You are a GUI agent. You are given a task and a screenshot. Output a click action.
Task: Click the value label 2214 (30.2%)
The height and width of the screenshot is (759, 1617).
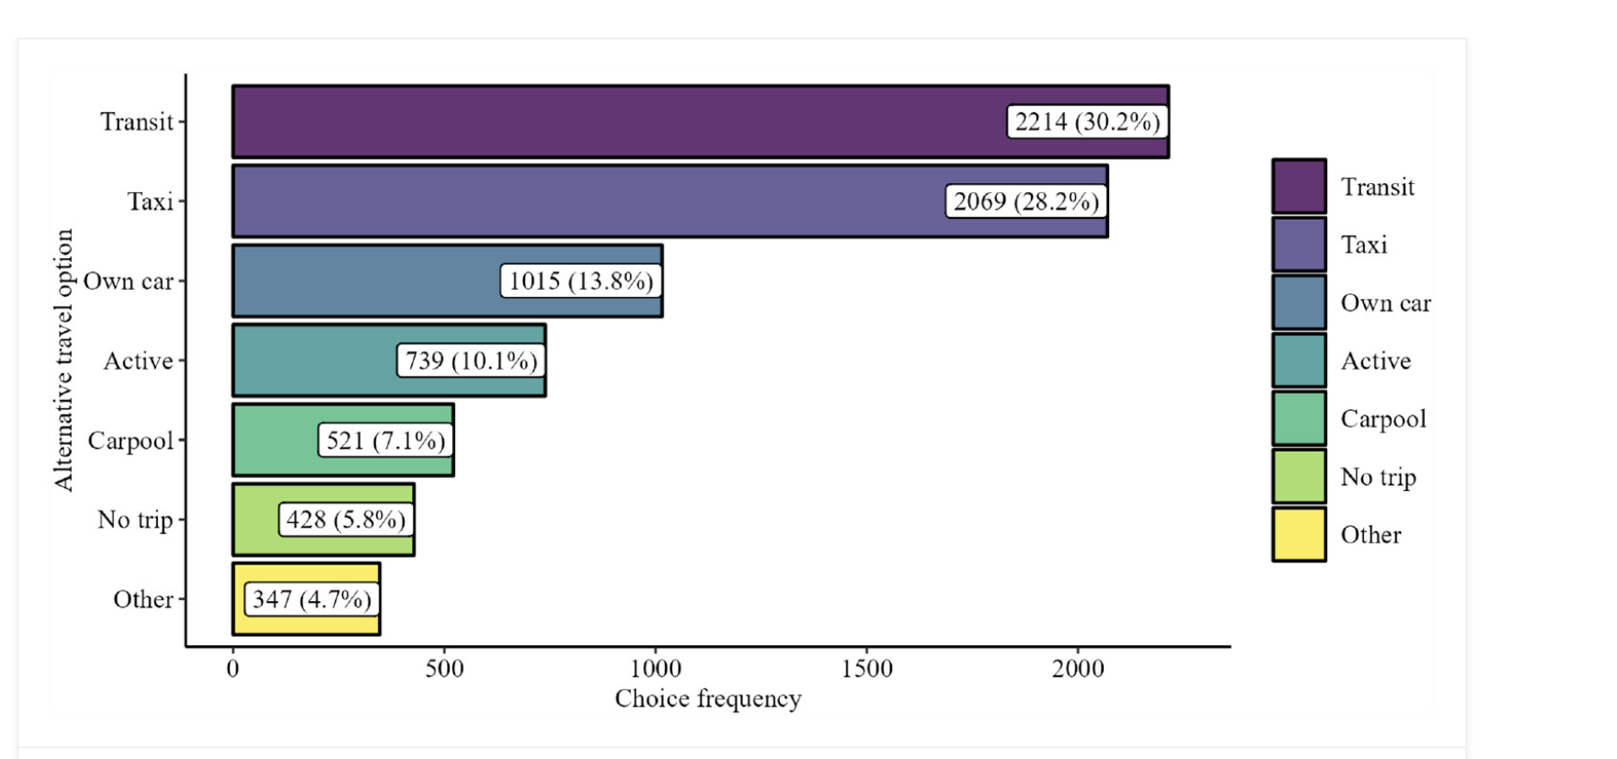[1087, 121]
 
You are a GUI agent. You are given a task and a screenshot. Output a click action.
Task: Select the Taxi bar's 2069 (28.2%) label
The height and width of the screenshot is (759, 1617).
[1026, 201]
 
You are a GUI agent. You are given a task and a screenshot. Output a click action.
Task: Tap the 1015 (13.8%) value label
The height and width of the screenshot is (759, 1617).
[581, 281]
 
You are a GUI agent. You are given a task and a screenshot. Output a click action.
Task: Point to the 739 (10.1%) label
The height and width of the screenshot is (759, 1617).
[471, 361]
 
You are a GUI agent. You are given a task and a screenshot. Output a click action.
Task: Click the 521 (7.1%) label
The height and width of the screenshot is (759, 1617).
[385, 441]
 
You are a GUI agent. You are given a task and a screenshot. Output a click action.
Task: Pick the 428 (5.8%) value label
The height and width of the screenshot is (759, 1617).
[345, 519]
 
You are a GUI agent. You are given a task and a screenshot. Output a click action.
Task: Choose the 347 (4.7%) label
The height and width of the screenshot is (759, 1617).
[311, 599]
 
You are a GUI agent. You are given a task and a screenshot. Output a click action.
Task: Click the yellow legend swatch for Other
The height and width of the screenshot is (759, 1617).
[1298, 535]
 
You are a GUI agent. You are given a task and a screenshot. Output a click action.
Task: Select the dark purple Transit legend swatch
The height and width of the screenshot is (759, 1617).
[1298, 187]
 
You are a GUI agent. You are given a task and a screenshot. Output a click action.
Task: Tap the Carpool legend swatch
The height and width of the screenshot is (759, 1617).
[1298, 419]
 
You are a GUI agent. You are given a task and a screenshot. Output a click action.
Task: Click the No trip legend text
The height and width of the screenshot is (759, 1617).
[1378, 477]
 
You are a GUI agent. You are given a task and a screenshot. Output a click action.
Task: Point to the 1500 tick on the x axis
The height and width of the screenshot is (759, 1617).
[867, 668]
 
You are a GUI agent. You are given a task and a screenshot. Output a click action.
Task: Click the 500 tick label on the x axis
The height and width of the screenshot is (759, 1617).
[444, 668]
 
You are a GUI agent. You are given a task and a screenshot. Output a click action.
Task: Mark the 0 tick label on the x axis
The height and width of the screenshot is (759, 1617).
[233, 668]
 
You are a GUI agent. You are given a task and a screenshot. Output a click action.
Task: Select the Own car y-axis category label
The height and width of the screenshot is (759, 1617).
[128, 282]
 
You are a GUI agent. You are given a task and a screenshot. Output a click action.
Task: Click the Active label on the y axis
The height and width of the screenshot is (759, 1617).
[138, 361]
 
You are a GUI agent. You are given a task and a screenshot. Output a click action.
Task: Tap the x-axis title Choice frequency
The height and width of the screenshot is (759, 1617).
[708, 699]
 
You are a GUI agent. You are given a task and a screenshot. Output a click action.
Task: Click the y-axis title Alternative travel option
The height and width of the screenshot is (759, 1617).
[63, 360]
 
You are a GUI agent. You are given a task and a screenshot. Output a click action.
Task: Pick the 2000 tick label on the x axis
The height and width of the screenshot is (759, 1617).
[1078, 668]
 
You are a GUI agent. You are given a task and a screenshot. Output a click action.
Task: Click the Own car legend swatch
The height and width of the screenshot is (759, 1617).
[1298, 302]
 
